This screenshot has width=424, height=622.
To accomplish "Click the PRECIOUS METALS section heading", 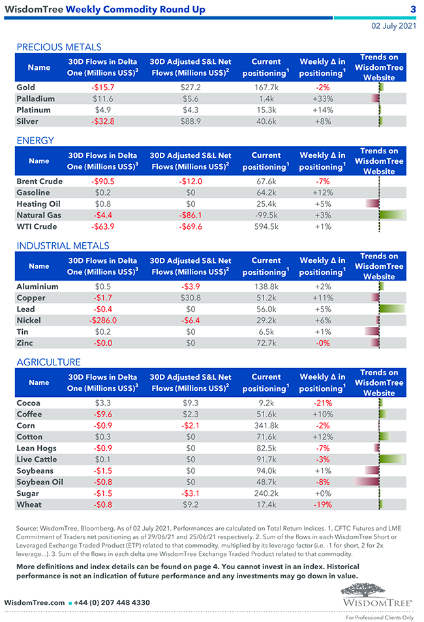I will click(59, 47).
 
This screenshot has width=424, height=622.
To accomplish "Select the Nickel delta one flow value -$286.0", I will click(103, 320).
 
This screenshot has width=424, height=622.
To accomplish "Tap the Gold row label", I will click(26, 87).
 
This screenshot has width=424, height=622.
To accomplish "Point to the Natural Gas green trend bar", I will click(392, 215).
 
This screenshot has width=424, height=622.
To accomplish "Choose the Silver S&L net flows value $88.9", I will click(190, 121).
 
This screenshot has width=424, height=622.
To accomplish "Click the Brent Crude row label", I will click(39, 181).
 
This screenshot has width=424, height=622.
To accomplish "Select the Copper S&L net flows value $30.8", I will click(190, 298).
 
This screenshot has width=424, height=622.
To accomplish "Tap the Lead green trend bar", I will click(392, 309).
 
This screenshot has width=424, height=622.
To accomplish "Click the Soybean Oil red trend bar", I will click(367, 482).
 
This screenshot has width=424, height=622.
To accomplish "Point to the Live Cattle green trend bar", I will click(391, 459).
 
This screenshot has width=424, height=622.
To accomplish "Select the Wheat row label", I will click(29, 505).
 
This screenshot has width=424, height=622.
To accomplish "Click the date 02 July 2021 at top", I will click(393, 27).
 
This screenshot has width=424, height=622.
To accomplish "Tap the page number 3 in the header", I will click(413, 9).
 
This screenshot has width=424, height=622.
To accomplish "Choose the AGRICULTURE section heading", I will click(49, 362).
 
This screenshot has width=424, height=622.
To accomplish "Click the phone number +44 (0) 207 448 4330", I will click(113, 602).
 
